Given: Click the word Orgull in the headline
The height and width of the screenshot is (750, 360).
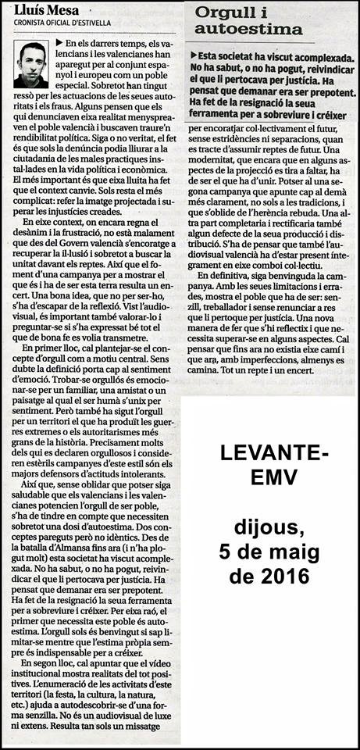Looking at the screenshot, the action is tap(226, 12).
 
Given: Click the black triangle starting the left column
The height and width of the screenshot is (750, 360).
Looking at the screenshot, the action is tap(59, 41).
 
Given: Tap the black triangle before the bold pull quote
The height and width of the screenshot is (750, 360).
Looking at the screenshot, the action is tap(193, 56).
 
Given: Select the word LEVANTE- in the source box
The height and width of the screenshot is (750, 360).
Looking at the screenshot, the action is tap(269, 453).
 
